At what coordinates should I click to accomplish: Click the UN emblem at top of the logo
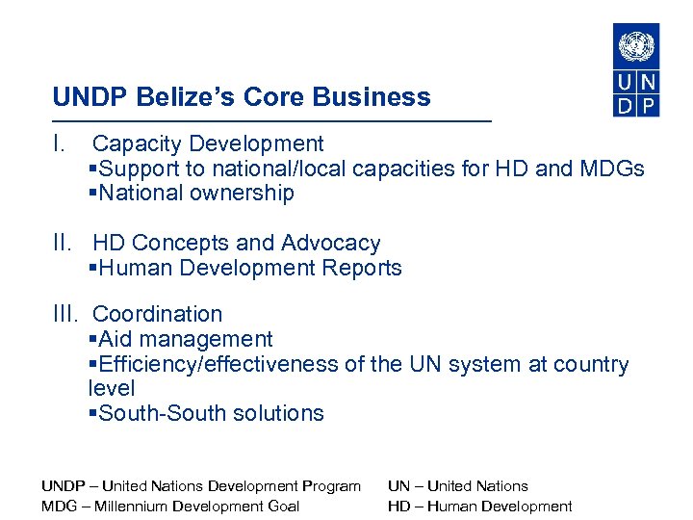tap(636, 45)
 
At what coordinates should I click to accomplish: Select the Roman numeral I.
tap(60, 144)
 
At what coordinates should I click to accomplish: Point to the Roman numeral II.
tap(64, 244)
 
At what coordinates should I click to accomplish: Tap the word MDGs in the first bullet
tap(611, 169)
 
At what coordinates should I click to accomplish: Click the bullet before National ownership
tap(91, 194)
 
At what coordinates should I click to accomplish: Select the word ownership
tap(244, 194)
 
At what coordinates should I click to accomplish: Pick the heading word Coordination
tap(157, 314)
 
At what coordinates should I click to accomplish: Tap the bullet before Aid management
tap(91, 340)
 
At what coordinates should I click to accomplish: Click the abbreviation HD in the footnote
tap(398, 507)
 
